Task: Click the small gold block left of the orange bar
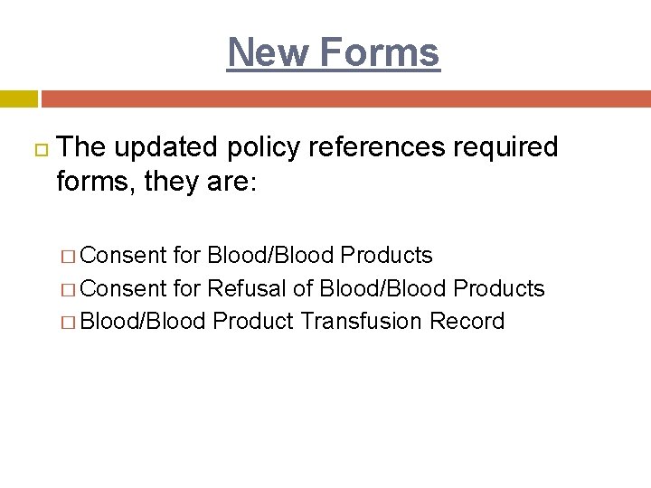click(18, 99)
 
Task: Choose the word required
click(509, 147)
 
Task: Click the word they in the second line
click(164, 183)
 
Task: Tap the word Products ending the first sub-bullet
click(386, 256)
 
